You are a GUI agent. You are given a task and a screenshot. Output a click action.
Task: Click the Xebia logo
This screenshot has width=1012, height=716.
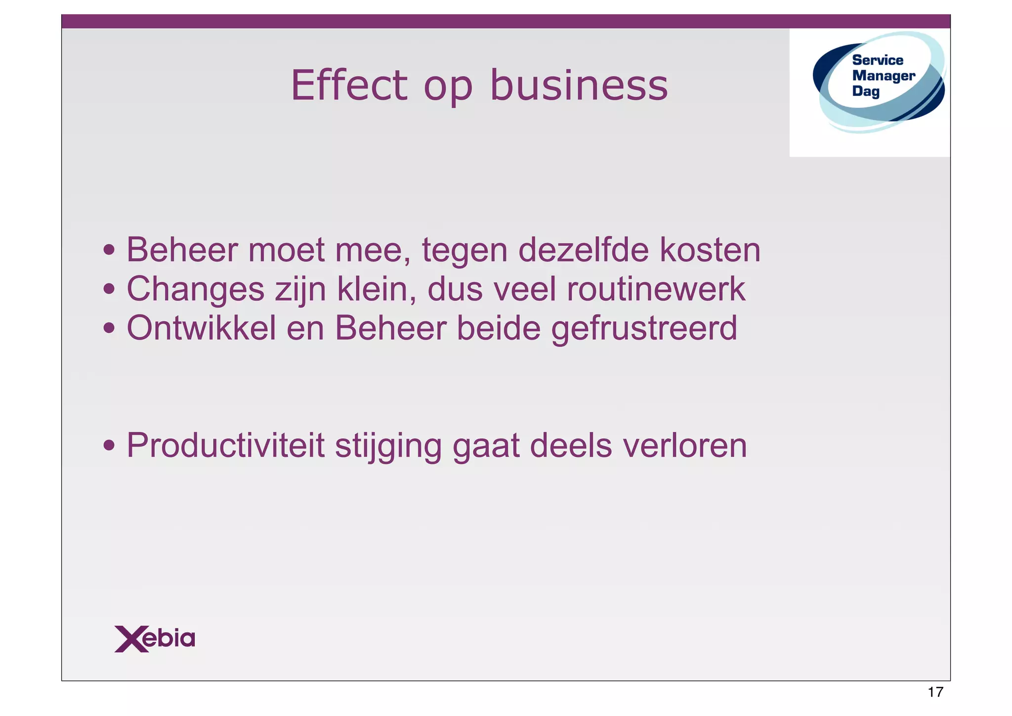click(155, 639)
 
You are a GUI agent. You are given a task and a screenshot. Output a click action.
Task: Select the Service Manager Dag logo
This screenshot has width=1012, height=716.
click(879, 82)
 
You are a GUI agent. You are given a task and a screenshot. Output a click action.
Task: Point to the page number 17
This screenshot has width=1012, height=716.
click(935, 692)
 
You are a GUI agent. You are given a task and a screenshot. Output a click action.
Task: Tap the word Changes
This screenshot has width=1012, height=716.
click(195, 289)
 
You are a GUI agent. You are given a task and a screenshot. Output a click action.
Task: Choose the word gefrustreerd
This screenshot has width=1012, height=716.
click(644, 329)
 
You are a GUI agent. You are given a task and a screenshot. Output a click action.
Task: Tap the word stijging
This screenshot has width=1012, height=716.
click(388, 446)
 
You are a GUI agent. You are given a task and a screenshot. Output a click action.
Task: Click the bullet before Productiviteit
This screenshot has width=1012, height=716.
click(109, 446)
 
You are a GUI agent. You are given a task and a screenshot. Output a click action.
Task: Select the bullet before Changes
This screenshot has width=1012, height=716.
click(109, 290)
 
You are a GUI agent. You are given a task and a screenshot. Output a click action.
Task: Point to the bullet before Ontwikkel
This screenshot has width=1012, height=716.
click(109, 328)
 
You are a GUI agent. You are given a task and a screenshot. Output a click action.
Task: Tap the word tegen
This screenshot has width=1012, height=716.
click(464, 251)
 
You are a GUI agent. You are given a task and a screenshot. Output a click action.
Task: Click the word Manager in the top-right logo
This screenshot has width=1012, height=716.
click(884, 76)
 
